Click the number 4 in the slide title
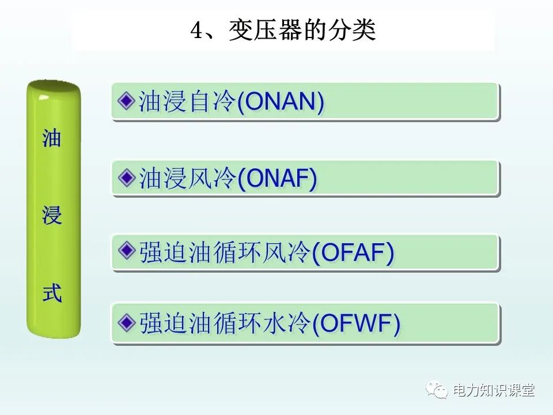coord(197,31)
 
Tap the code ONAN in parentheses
coord(281,101)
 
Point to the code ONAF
coord(277,178)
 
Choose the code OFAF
coord(353,252)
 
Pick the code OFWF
coord(356,323)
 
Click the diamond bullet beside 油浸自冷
coord(126,101)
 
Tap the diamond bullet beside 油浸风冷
coord(126,178)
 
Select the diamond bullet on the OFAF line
coord(126,251)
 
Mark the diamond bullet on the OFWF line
coord(126,322)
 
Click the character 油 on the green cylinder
coord(52,138)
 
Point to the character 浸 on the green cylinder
coord(52,215)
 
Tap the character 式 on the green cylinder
coord(52,293)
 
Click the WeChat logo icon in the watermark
coord(437,390)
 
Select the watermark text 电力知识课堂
coord(494,390)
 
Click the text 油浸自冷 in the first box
coord(187,101)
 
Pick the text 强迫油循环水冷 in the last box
coord(225,323)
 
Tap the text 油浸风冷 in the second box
coord(187,178)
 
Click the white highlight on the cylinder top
coord(44,97)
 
